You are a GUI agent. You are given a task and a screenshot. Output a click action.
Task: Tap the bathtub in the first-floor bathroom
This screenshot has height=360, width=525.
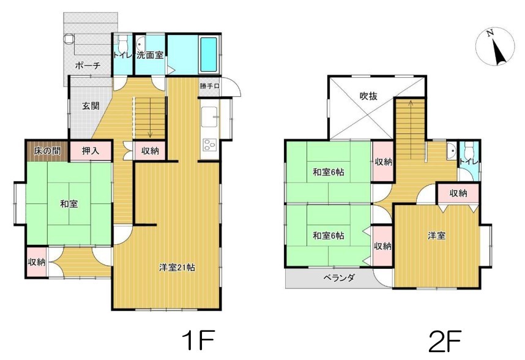(x=209, y=54)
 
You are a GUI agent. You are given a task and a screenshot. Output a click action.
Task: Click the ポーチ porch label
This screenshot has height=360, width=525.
(x=87, y=66)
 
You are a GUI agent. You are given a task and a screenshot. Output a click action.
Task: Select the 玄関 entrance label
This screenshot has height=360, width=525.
(x=91, y=106)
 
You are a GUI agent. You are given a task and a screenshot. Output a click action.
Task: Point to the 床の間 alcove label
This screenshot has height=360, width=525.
(x=47, y=151)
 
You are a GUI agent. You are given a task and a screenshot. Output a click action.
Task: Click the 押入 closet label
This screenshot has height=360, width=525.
(x=91, y=151)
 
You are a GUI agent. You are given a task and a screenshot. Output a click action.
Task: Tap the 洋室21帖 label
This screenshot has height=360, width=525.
(x=177, y=268)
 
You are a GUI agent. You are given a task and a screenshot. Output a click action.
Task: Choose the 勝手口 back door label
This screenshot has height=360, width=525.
(x=210, y=86)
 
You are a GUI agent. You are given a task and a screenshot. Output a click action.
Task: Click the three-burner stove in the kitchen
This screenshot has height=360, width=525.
(x=210, y=145)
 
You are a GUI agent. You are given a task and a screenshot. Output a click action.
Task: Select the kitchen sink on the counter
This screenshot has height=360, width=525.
(x=210, y=117)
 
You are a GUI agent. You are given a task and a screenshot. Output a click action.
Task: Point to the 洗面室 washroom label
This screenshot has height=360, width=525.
(x=150, y=55)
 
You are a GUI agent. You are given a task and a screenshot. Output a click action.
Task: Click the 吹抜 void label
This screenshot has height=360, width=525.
(x=368, y=97)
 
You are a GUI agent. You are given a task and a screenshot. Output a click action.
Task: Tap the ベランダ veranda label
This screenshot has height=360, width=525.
(x=339, y=277)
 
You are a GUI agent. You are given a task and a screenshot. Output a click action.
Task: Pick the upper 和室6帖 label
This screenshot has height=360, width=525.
(x=329, y=173)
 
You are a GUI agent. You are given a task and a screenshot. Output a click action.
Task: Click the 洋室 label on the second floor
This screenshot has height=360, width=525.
(x=437, y=236)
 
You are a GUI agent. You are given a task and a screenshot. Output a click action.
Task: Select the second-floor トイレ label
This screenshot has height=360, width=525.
(x=469, y=162)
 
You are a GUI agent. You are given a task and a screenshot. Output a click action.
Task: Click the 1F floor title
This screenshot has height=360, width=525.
(x=198, y=340)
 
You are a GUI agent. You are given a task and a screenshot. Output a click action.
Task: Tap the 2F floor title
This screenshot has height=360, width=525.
(x=445, y=341)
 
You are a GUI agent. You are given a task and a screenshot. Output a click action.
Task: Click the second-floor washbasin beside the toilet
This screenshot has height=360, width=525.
(x=452, y=151)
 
